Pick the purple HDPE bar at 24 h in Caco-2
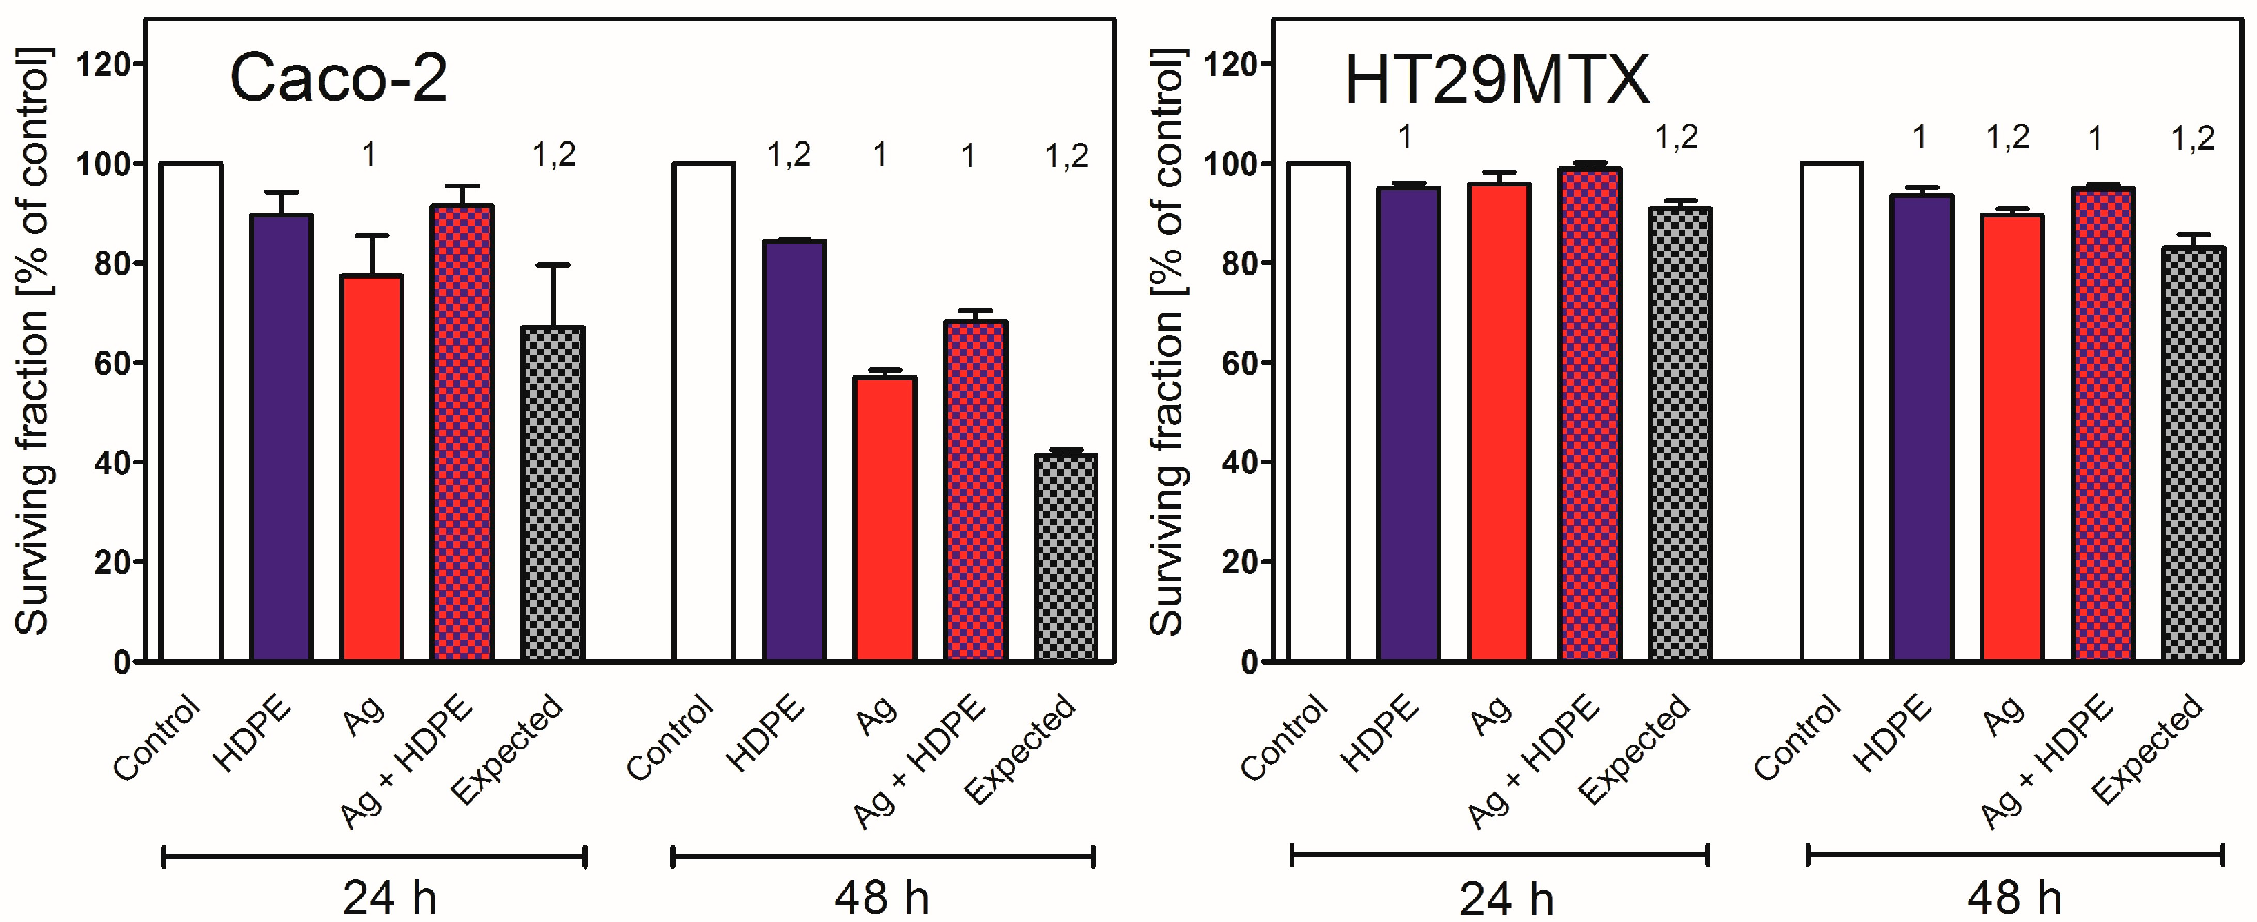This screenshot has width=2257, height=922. click(282, 438)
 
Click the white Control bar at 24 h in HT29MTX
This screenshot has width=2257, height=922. click(1319, 412)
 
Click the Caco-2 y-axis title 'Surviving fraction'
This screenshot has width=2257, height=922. click(33, 342)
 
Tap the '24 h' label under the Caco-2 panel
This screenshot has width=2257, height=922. click(389, 897)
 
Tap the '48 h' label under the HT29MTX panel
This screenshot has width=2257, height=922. click(2013, 897)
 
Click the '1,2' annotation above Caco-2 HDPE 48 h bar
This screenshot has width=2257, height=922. click(789, 156)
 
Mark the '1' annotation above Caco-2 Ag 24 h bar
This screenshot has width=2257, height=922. click(369, 156)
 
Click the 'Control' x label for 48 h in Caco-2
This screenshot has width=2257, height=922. click(670, 737)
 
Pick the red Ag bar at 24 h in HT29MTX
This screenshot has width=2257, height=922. click(1500, 421)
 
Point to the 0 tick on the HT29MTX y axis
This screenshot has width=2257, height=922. click(1248, 663)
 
